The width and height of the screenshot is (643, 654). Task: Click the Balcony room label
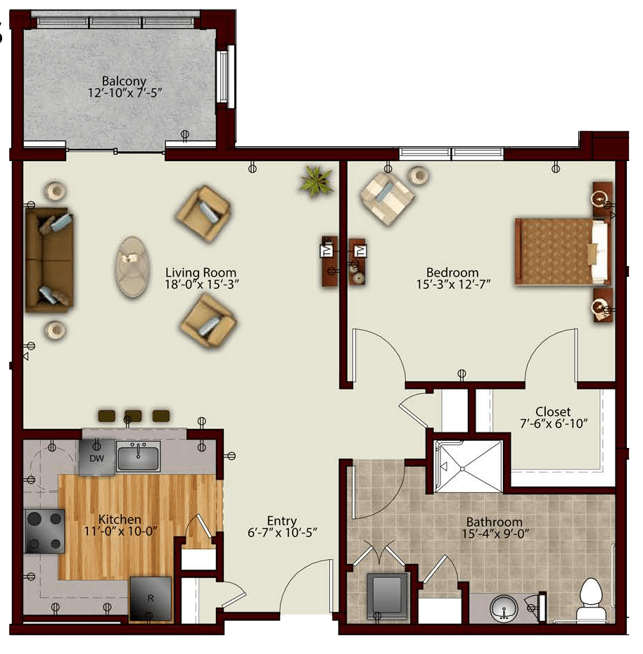click(x=124, y=80)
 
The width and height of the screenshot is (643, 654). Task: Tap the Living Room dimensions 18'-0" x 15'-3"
click(x=202, y=285)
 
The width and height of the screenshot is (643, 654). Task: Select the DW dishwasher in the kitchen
click(x=96, y=458)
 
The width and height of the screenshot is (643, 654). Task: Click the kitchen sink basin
click(x=138, y=457)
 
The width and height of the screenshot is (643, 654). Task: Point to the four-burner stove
click(x=44, y=531)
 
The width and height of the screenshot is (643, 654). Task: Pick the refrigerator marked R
click(x=151, y=598)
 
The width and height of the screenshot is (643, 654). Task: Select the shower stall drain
click(x=463, y=469)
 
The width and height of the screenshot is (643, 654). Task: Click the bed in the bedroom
click(x=563, y=251)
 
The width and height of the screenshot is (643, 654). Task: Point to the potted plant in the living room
click(x=317, y=181)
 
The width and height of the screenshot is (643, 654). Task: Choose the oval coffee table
click(x=132, y=266)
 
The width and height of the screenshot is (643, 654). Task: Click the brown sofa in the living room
click(x=49, y=260)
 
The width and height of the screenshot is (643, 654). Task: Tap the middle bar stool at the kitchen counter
click(x=133, y=416)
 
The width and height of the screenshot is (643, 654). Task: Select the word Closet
click(x=553, y=411)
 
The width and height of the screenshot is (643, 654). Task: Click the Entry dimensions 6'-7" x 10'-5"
click(x=282, y=532)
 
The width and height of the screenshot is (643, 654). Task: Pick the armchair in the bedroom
click(x=387, y=198)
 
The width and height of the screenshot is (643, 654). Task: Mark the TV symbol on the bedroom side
click(x=360, y=251)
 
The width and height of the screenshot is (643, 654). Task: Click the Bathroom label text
click(x=494, y=522)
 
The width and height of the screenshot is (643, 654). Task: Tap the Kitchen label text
click(x=120, y=519)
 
